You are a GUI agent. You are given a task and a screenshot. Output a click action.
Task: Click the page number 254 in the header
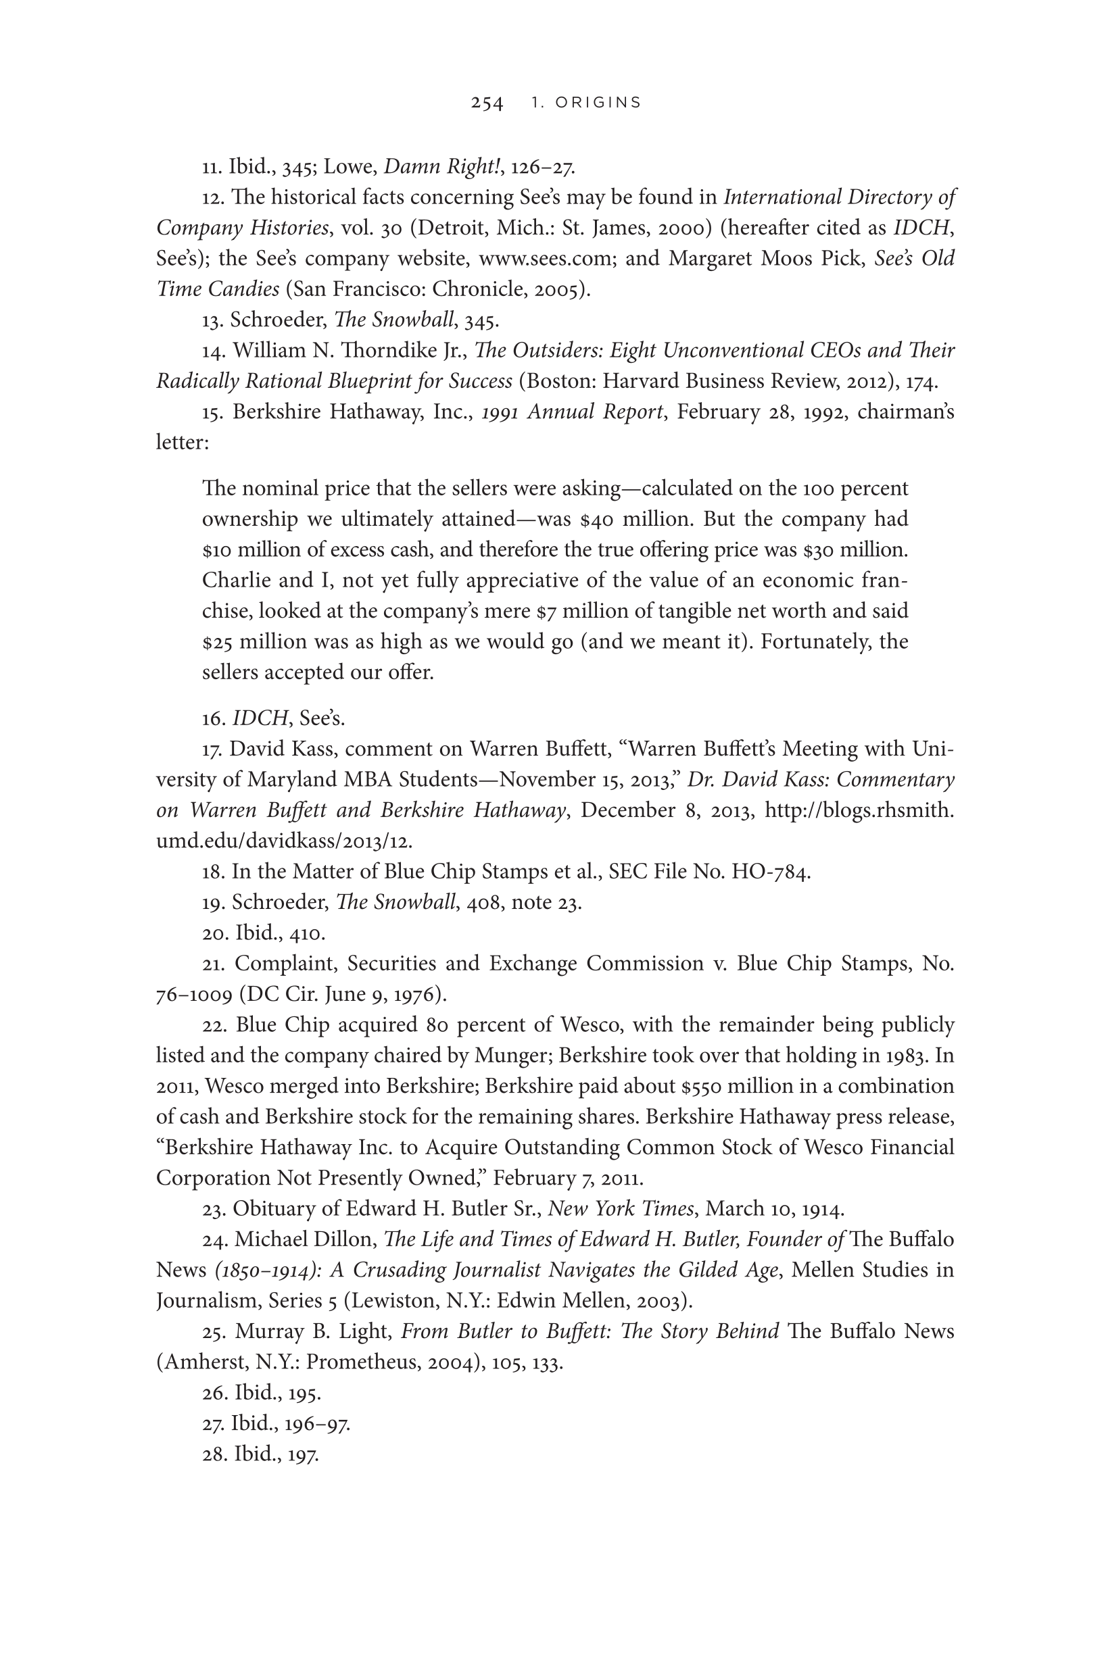pyautogui.click(x=487, y=103)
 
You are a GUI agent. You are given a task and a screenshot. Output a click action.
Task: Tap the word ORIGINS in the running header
pyautogui.click(x=598, y=103)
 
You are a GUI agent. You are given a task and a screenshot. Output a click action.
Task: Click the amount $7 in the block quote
pyautogui.click(x=546, y=611)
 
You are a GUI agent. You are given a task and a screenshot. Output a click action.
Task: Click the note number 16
pyautogui.click(x=213, y=718)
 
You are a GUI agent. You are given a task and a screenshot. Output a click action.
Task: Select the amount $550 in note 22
pyautogui.click(x=700, y=1087)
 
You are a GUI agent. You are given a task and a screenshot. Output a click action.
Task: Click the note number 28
pyautogui.click(x=213, y=1454)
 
